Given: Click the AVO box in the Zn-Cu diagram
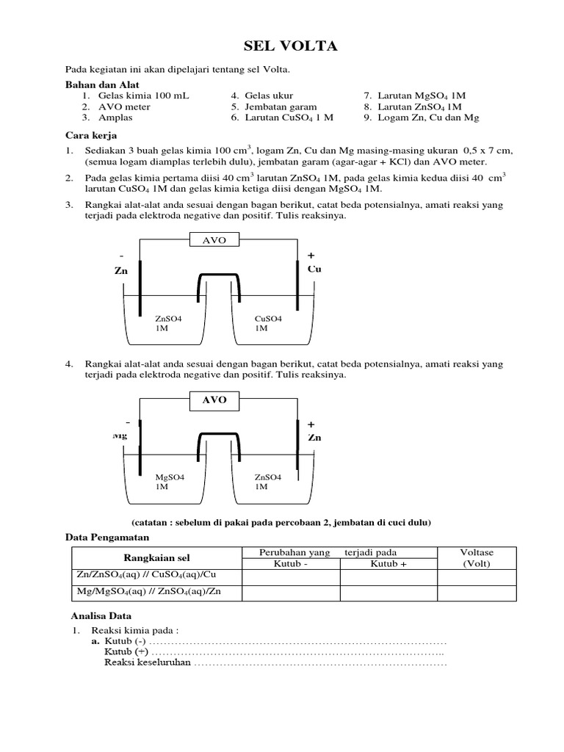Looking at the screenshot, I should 211,240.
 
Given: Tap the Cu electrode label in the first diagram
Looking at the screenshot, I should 314,270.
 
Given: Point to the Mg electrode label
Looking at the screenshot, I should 120,435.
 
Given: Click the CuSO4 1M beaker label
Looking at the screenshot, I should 268,324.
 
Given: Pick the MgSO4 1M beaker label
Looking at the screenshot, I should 170,482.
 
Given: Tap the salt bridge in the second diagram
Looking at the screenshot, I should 217,436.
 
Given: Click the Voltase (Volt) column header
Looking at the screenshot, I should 477,558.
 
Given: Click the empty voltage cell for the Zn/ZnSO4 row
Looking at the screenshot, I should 477,576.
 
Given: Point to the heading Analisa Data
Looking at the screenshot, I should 101,615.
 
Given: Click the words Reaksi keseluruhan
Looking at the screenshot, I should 147,663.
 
